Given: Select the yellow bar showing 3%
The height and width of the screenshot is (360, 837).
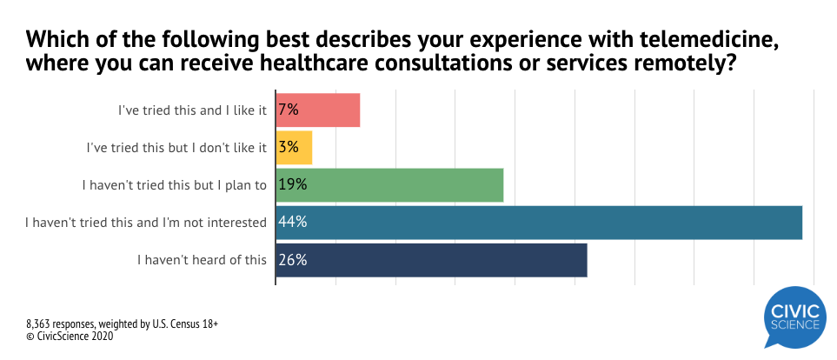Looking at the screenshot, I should point(301,148).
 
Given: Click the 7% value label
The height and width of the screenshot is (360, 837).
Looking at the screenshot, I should point(289,110).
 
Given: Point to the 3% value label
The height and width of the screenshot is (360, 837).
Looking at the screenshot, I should point(289,148).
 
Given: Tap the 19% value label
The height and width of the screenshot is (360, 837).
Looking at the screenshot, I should point(292,184).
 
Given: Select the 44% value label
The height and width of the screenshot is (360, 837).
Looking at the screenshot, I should point(292,222).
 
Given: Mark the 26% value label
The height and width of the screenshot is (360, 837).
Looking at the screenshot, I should point(292,259).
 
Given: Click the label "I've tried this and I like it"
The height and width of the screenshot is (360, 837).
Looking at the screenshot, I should point(192,110).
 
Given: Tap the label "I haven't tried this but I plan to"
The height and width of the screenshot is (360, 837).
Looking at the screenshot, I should point(174,184).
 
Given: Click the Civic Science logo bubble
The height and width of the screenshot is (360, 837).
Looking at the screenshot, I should point(795,318).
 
